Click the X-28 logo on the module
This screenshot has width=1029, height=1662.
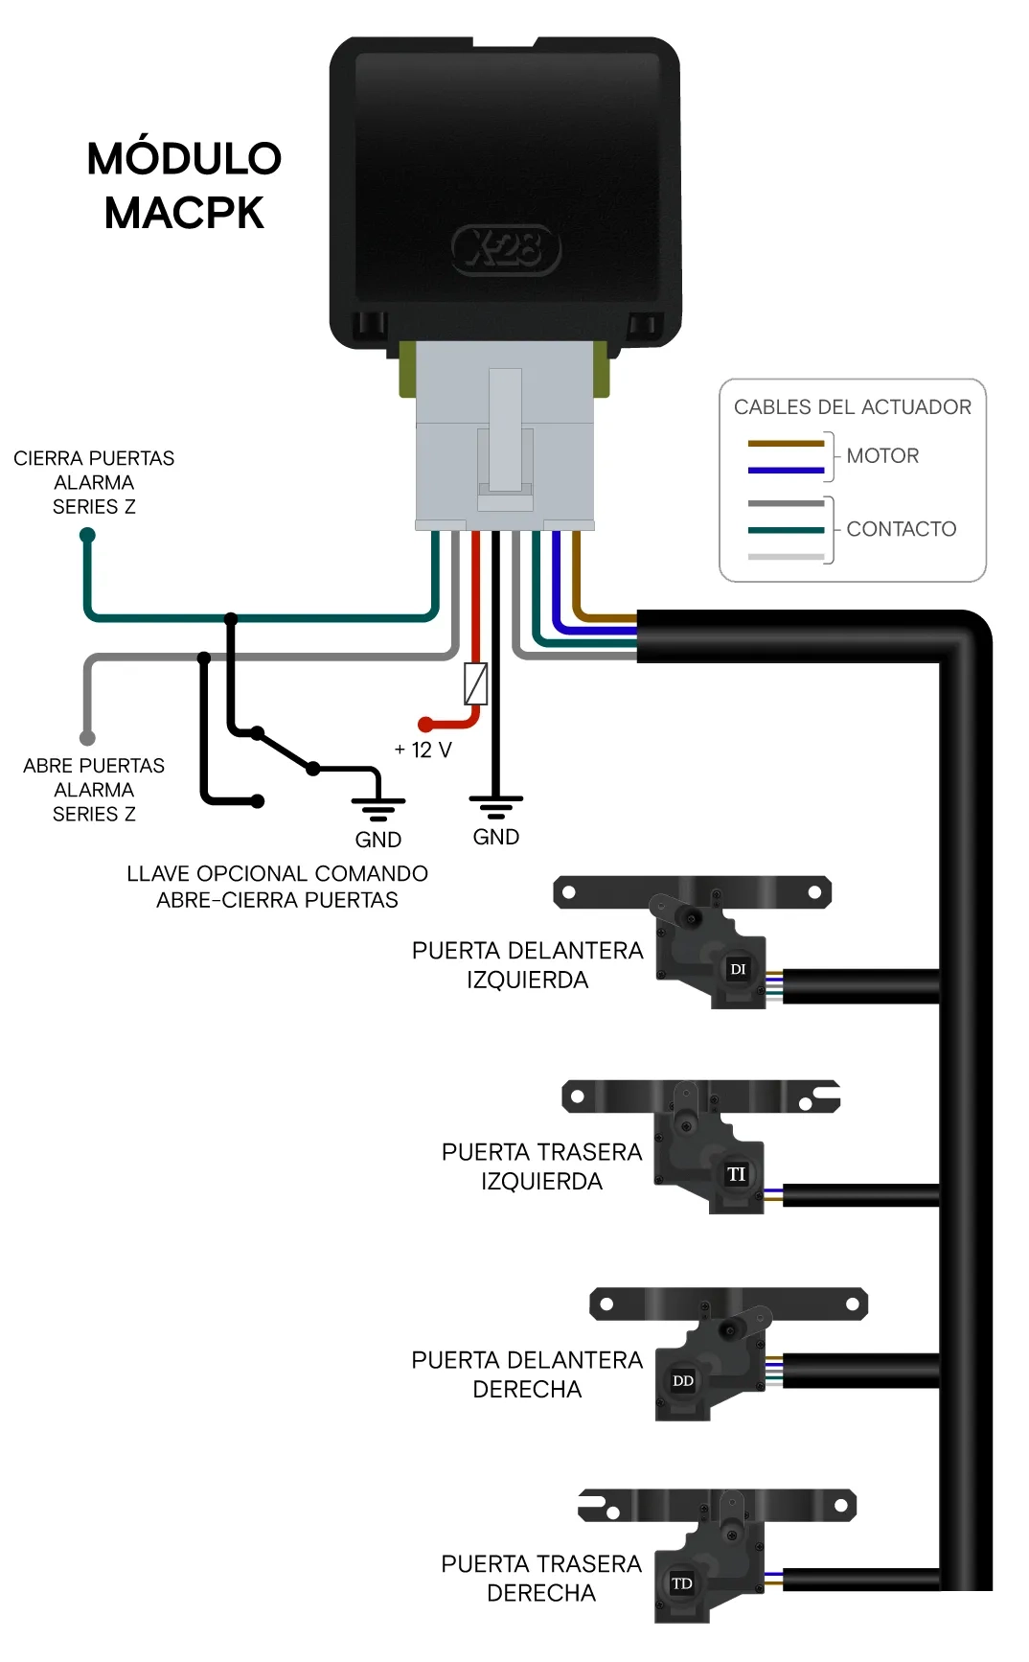point(506,250)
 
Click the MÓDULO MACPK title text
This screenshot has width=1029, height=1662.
point(184,185)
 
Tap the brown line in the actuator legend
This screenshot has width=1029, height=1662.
point(786,444)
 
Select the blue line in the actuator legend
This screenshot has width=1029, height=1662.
point(786,471)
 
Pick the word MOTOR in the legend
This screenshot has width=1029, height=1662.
point(882,456)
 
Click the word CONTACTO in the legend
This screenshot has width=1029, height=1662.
point(902,529)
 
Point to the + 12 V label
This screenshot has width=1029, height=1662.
point(423,750)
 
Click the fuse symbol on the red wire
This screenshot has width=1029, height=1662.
point(475,684)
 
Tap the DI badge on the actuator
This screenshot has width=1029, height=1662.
point(738,969)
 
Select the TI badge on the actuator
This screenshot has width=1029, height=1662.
point(736,1174)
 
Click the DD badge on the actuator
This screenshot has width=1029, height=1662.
point(683,1381)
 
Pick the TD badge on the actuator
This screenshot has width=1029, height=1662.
point(682,1583)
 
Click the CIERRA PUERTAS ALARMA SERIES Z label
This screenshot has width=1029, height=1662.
point(94,482)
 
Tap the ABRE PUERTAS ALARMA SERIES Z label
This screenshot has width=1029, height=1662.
point(94,790)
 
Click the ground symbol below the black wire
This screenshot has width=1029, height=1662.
point(495,807)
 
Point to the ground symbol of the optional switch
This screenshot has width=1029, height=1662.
point(378,810)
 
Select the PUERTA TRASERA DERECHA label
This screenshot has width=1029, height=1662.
point(541,1579)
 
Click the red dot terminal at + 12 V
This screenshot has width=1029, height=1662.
point(425,726)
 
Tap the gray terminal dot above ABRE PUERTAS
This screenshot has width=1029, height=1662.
point(87,738)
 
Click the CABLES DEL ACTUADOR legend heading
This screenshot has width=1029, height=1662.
point(853,407)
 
